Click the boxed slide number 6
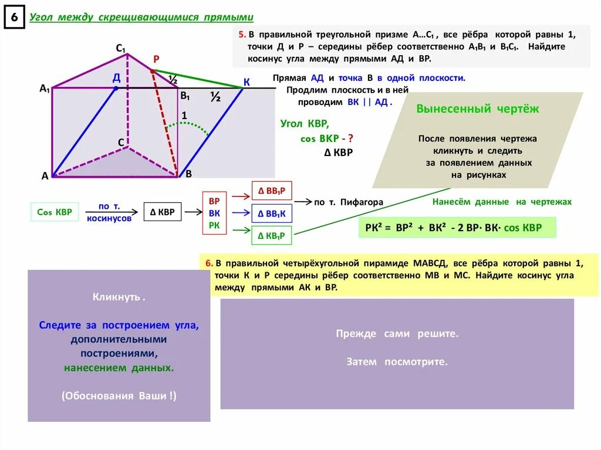pos(14,18)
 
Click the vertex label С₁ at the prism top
pos(121,48)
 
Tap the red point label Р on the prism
pos(156,59)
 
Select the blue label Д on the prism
pos(116,77)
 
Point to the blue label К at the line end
pos(247,82)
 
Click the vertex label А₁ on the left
pos(45,89)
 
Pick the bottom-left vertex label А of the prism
pos(45,175)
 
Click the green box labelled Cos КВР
pos(55,212)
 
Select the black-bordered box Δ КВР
pos(163,212)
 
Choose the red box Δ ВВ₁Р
pos(272,191)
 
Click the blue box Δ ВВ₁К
pos(272,214)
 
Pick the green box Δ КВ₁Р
pos(272,236)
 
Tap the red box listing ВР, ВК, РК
pos(214,213)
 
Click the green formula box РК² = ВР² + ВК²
pos(457,228)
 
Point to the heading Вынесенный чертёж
pos(477,109)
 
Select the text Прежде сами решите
pos(397,333)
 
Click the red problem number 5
pos(242,35)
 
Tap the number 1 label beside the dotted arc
pos(184,116)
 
